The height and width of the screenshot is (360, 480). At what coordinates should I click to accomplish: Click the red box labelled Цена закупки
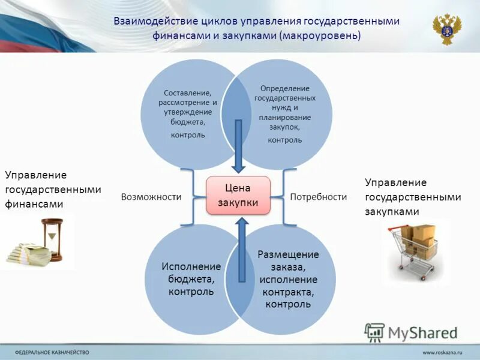point(238,195)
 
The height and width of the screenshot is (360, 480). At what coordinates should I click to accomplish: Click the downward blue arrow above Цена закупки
point(238,144)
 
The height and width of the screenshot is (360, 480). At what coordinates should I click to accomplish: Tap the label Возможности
point(151,197)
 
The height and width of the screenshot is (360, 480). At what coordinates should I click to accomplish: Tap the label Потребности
point(319,197)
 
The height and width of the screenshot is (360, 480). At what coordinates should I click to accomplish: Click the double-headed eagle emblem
point(447,29)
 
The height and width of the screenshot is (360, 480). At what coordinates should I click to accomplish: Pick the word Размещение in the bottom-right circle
point(288,254)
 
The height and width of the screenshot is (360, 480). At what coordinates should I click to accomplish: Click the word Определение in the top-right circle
point(285,88)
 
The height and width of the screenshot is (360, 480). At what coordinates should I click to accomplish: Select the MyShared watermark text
point(422,332)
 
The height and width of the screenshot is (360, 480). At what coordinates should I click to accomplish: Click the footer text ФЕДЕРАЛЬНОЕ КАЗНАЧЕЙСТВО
point(52,352)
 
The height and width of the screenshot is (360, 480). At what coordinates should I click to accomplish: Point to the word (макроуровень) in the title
point(319,35)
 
